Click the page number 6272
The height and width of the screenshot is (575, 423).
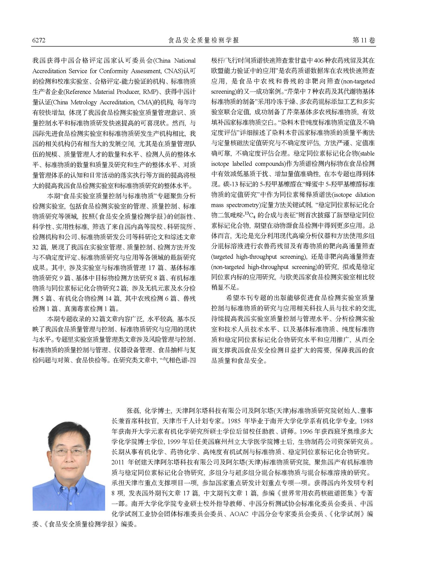pyautogui.click(x=39, y=40)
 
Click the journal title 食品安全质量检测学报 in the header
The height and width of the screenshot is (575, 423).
pyautogui.click(x=203, y=40)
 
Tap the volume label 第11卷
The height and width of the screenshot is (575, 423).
pyautogui.click(x=364, y=40)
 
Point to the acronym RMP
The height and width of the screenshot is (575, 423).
pyautogui.click(x=152, y=92)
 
